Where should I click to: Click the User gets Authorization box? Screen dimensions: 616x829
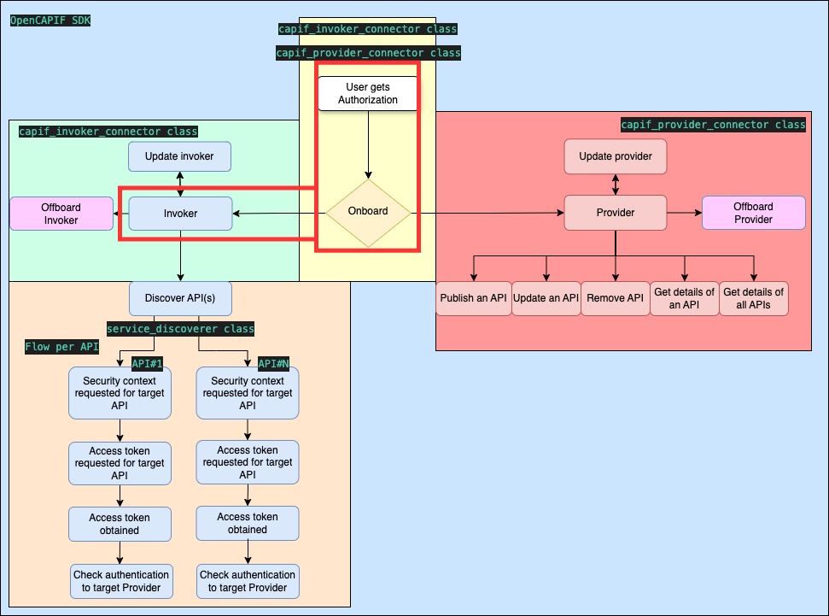click(x=368, y=93)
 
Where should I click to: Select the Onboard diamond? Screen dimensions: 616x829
click(x=368, y=212)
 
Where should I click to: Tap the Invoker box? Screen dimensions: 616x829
click(x=180, y=213)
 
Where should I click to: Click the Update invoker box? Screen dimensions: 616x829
click(x=180, y=156)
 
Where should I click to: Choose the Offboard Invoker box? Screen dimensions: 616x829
click(x=61, y=214)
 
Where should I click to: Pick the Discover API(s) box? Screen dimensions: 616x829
click(x=180, y=298)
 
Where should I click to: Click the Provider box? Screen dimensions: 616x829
click(x=615, y=212)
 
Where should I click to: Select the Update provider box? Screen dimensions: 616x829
click(x=615, y=156)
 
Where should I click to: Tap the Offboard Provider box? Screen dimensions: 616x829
click(x=753, y=213)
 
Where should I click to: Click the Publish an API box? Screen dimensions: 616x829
click(x=474, y=299)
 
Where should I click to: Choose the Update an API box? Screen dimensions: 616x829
click(x=546, y=299)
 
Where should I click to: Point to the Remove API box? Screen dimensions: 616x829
click(x=616, y=299)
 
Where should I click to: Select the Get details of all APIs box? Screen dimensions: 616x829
click(x=753, y=299)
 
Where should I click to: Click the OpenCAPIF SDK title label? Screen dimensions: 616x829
click(x=50, y=19)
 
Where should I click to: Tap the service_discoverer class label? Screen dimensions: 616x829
click(x=180, y=329)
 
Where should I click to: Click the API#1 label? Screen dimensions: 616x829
click(x=147, y=363)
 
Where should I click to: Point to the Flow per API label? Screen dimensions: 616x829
click(x=61, y=347)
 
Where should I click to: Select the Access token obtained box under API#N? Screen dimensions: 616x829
click(x=248, y=523)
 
